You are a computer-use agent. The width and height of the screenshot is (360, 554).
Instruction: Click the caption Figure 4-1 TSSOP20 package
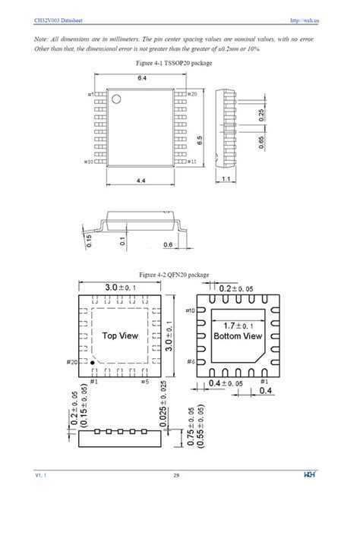pos(173,63)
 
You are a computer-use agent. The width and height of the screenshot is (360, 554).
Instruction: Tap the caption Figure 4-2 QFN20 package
pos(173,274)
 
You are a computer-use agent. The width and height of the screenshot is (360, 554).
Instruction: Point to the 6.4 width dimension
pos(141,79)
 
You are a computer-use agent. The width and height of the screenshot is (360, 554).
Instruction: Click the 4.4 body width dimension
pos(141,181)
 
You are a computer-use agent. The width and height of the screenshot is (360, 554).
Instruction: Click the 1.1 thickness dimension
pos(226,178)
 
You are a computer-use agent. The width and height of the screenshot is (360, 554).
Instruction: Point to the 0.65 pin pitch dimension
pos(262,143)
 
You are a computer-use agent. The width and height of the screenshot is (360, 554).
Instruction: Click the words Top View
pos(119,335)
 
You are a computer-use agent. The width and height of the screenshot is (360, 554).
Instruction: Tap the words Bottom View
pos(238,335)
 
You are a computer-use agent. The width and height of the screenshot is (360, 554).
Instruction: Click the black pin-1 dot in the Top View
pos(93,364)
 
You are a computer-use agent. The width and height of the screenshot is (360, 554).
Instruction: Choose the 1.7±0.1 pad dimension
pos(238,326)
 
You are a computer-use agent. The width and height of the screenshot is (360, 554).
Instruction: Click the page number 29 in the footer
pos(176,476)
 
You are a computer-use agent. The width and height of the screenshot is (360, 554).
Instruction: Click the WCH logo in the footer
pos(310,476)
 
